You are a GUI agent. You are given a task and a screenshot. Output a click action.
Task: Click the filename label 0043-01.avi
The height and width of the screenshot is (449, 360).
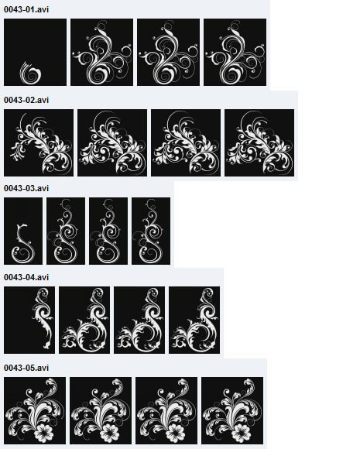[26, 9]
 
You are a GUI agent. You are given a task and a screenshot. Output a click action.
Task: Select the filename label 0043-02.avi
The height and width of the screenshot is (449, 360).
[26, 100]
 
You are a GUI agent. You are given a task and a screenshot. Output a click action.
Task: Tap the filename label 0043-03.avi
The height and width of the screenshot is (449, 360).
[26, 188]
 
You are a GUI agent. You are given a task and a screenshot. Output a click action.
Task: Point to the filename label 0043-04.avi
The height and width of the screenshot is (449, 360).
[26, 277]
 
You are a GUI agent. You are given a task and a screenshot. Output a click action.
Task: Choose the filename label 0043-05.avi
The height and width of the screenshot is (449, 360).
[26, 368]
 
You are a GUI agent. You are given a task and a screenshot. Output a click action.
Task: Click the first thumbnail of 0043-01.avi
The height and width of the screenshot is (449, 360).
[36, 52]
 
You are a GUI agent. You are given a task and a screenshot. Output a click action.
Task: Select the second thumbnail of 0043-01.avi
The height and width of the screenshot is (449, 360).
[101, 52]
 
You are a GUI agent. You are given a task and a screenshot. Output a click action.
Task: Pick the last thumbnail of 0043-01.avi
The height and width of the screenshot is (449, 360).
[235, 52]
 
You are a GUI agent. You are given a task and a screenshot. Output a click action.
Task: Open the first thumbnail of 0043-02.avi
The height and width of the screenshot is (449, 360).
[39, 142]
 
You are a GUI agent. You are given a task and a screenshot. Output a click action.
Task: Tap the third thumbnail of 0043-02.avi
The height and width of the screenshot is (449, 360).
[186, 142]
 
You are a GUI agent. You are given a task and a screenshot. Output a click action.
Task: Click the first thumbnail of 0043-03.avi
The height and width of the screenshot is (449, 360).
[23, 231]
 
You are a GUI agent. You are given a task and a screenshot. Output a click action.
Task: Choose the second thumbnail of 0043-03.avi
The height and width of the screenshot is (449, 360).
[66, 231]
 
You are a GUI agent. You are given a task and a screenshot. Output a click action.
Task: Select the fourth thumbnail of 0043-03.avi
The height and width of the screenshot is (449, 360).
[151, 231]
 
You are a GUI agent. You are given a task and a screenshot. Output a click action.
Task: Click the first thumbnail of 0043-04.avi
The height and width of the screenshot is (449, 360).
[29, 320]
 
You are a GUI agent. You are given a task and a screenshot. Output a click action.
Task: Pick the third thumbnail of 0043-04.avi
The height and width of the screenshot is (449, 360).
[139, 320]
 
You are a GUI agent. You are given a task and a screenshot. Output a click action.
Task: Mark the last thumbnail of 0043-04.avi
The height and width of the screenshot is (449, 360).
[194, 320]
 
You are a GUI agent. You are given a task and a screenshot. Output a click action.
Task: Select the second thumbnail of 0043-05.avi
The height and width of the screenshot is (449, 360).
[101, 410]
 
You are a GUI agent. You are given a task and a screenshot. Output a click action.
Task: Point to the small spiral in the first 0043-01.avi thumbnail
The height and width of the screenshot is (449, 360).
[30, 74]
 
